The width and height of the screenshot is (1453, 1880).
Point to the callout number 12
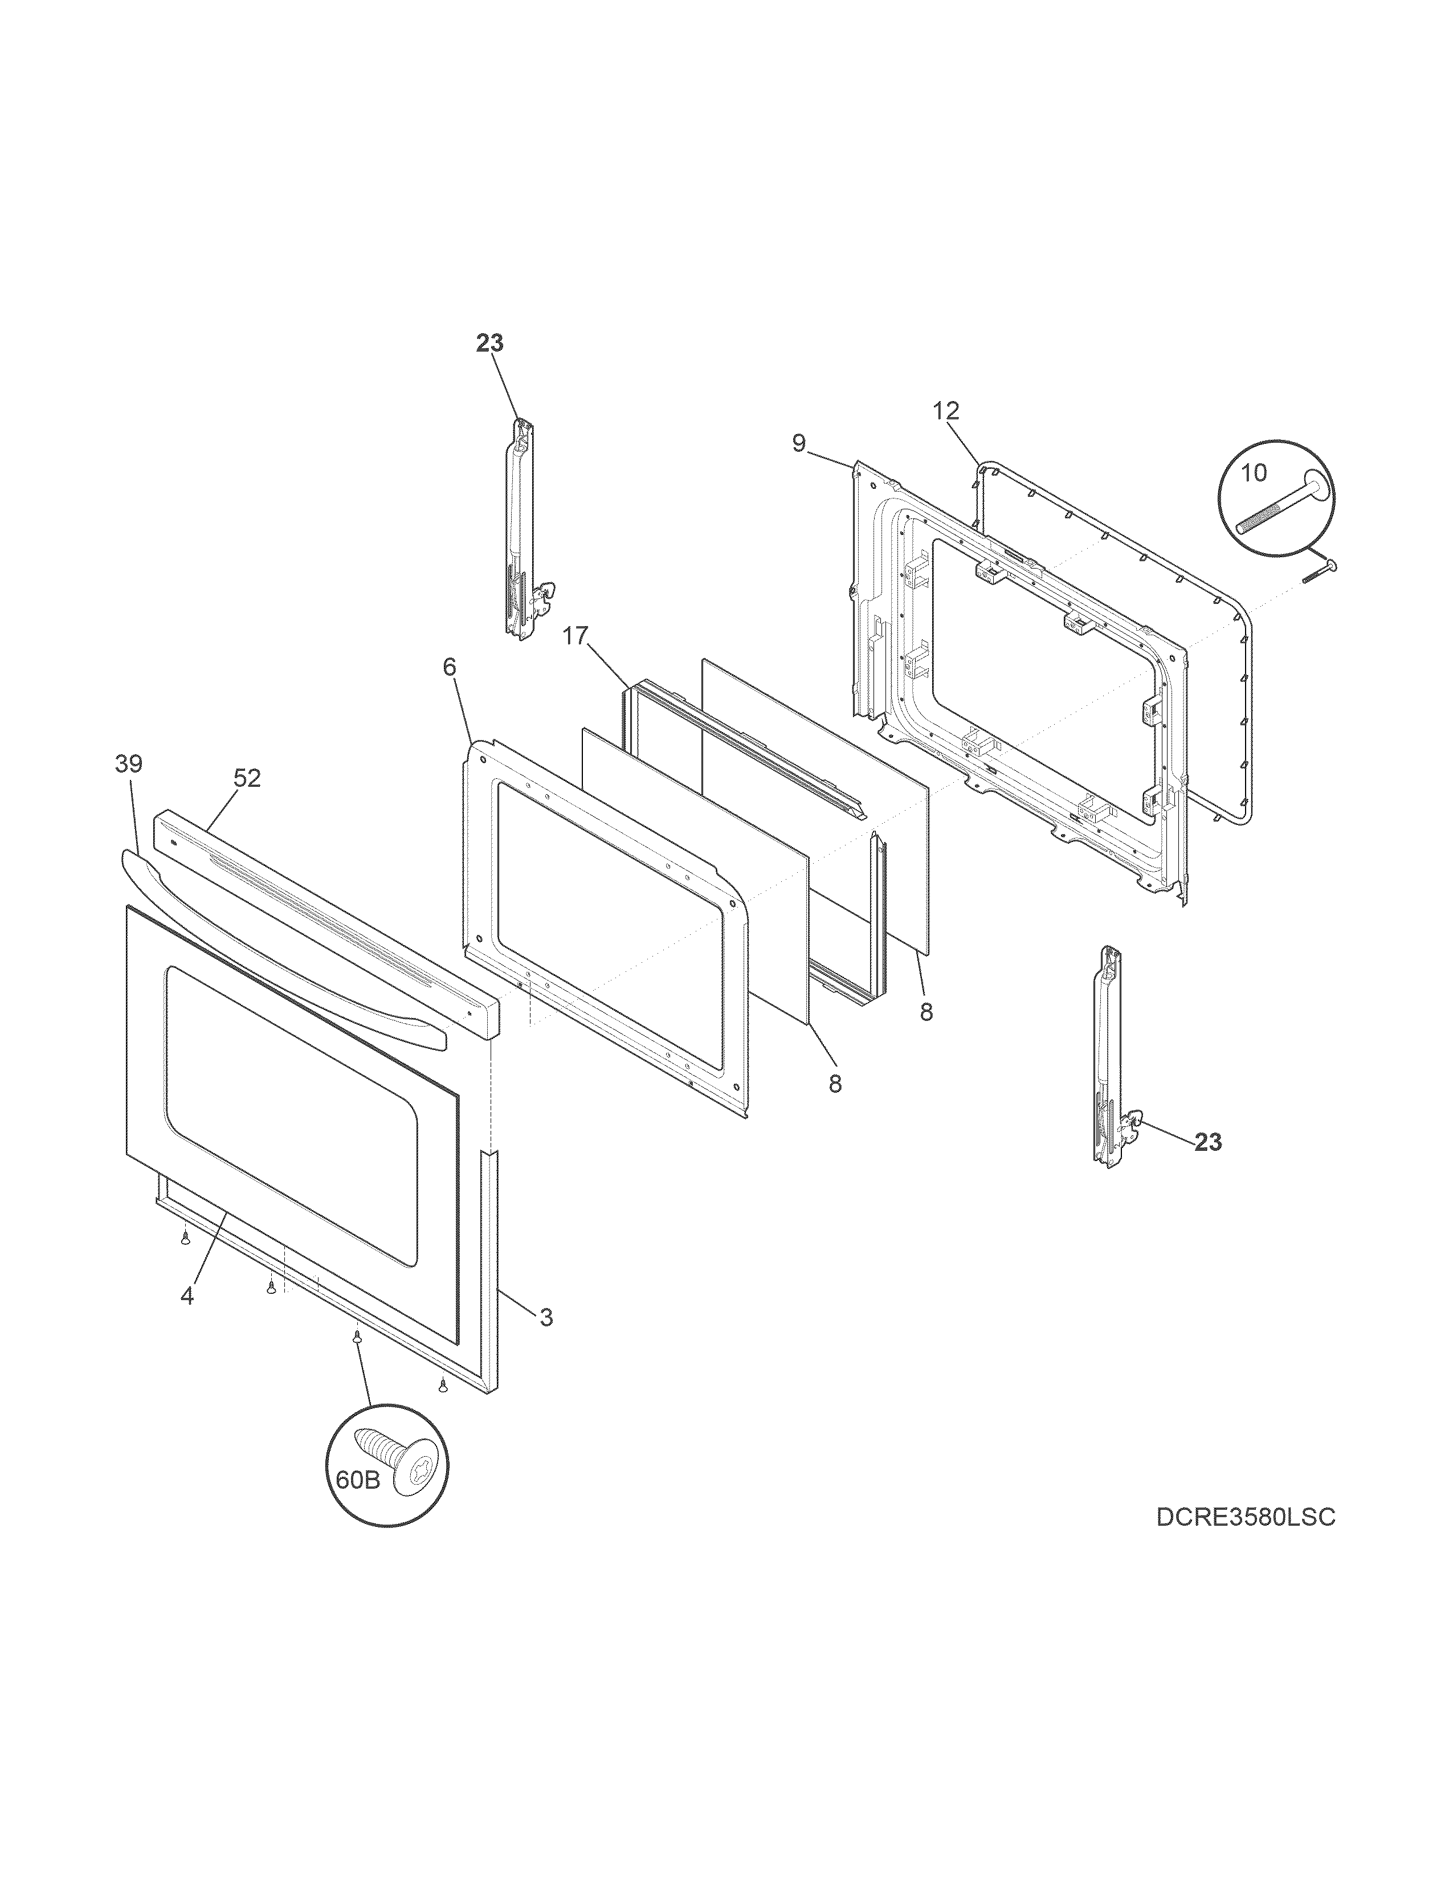[945, 411]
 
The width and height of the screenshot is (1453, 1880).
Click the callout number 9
[799, 443]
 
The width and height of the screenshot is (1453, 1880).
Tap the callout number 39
[129, 763]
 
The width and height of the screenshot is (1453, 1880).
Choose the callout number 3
[546, 1341]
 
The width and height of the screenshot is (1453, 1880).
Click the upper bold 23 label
[490, 342]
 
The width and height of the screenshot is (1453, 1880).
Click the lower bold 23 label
[1207, 1142]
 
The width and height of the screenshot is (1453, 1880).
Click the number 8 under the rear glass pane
[925, 1013]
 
